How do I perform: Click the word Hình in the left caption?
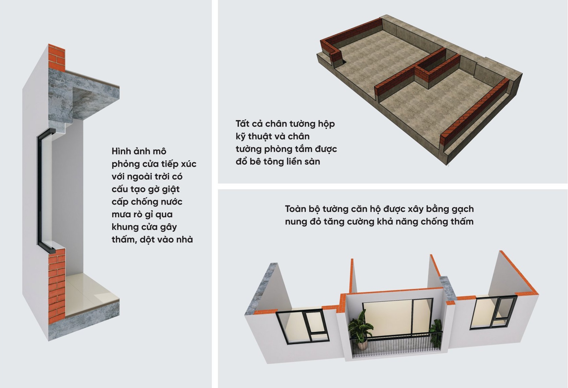tap(121, 151)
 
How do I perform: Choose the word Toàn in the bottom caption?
tap(295, 209)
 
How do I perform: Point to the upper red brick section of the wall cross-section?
tap(56, 57)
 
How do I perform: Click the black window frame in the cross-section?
tap(40, 189)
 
